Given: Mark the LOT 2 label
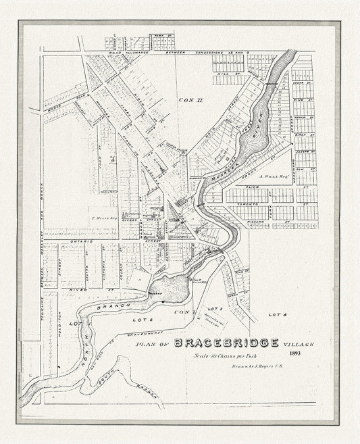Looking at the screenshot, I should pos(148,318).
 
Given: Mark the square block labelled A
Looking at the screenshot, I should pos(139,276).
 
